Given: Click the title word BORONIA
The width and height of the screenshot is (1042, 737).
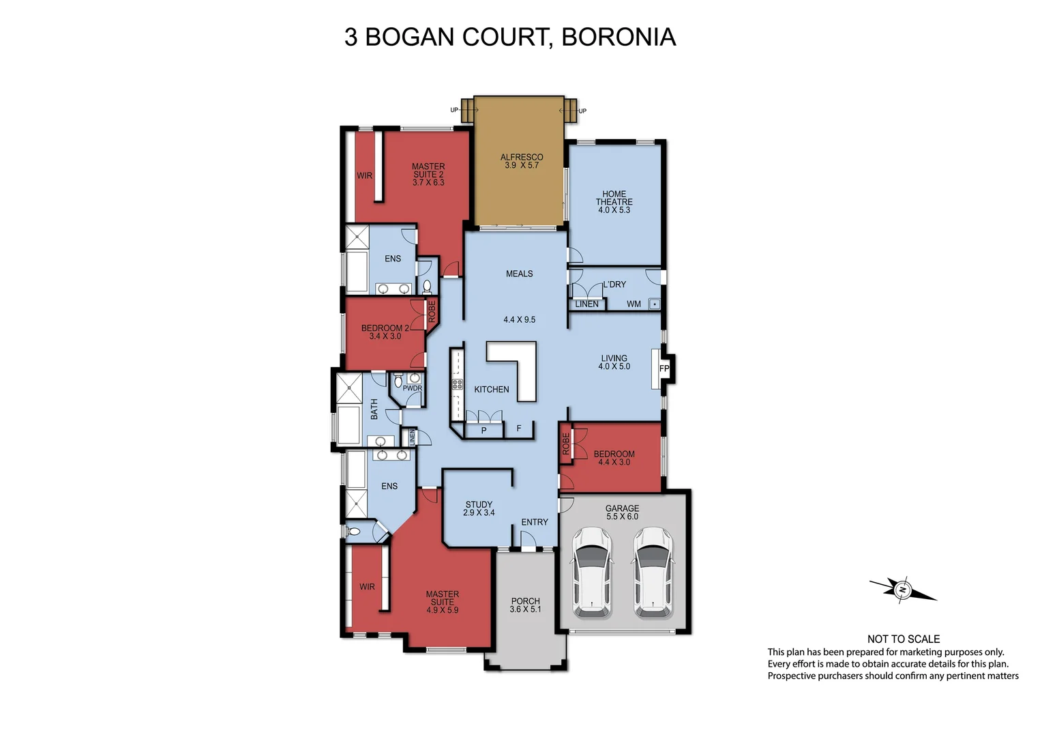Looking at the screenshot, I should (x=618, y=37).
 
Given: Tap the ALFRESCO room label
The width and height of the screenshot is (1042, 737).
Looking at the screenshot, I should (x=522, y=157).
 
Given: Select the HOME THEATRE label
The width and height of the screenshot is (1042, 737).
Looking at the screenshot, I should (x=614, y=198).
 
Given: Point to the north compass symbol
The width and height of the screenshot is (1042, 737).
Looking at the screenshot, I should (x=902, y=589).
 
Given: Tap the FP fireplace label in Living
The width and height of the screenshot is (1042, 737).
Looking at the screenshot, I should (x=664, y=369).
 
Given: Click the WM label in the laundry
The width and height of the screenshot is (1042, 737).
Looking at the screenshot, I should (x=634, y=304).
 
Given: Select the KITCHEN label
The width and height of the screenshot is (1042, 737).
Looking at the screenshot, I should (x=491, y=389).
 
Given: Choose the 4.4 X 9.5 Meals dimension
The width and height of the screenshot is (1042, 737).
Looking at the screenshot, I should (x=519, y=319).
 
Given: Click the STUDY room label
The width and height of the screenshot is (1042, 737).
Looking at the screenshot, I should (x=479, y=504).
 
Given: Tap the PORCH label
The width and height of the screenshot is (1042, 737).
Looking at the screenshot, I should (x=525, y=601).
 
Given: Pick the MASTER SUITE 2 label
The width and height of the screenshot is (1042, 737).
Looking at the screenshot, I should (x=428, y=171).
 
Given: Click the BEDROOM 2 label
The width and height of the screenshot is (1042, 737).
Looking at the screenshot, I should (x=385, y=328).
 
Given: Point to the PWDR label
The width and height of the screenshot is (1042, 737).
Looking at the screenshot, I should (x=412, y=388).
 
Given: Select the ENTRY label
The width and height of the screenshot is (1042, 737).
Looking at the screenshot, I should (x=534, y=522).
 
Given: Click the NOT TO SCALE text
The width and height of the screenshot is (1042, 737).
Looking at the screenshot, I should (x=903, y=639).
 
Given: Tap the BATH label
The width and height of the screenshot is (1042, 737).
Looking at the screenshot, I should (x=374, y=409).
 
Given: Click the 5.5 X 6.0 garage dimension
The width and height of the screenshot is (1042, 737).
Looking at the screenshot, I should (x=622, y=517).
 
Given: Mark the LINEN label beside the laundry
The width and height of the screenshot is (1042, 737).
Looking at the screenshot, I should (x=586, y=304).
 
